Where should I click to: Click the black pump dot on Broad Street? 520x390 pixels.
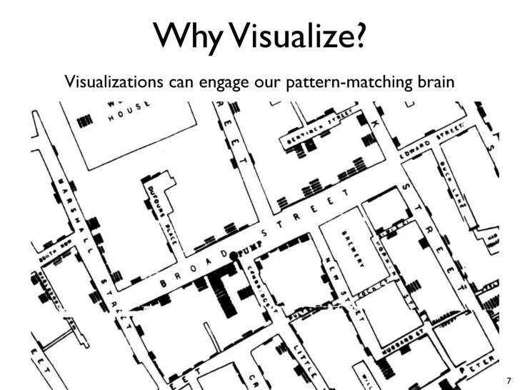pyautogui.click(x=233, y=256)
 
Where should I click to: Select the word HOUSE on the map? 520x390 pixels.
pyautogui.click(x=129, y=113)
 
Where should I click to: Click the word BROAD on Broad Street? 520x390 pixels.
pyautogui.click(x=194, y=269)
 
